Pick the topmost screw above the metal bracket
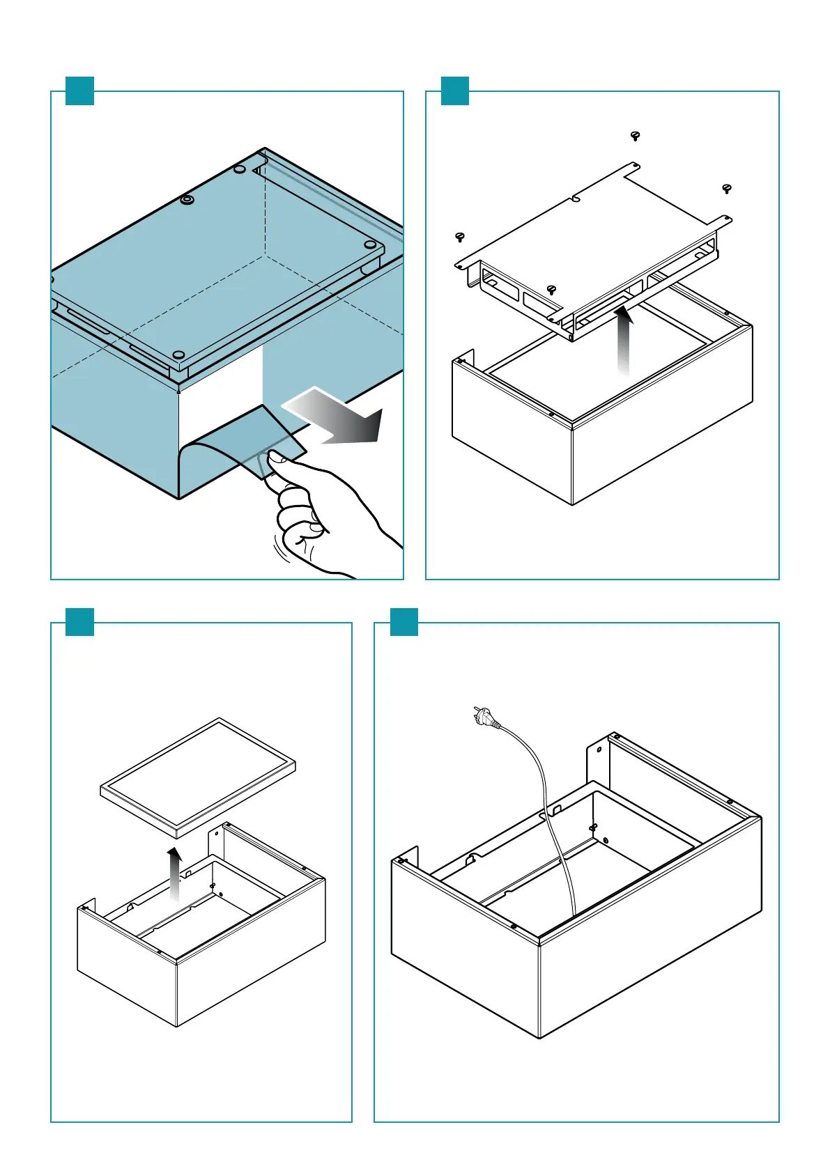pos(635,135)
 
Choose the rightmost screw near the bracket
pos(727,188)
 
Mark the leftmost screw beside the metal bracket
pos(459,238)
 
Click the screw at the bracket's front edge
pos(551,290)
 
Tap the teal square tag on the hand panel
pos(79,91)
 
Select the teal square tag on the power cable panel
pos(404,622)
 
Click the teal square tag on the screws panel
pos(455,91)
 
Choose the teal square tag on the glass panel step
pos(79,622)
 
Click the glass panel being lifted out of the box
pos(198,777)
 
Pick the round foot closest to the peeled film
pos(178,356)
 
